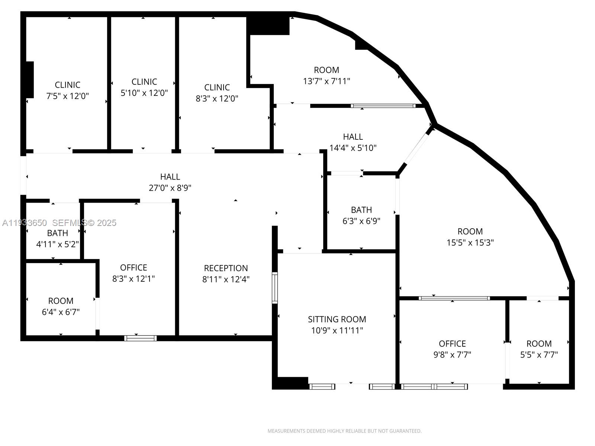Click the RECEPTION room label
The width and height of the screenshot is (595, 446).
point(226,268)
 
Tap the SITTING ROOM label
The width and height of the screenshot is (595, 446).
point(337,319)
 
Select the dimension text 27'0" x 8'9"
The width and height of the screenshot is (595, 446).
point(170,188)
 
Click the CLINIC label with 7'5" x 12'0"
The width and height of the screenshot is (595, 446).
point(67,85)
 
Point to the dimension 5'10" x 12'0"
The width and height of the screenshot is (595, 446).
point(144,93)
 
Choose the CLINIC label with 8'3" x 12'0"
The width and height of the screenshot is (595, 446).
point(217,87)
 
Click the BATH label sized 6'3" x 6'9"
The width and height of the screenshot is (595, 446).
point(361,210)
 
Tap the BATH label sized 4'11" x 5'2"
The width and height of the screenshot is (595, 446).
point(57,233)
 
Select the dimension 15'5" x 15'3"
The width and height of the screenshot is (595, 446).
point(470,243)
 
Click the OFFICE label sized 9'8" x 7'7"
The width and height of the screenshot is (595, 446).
point(452,343)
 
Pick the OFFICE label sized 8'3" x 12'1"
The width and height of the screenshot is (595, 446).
point(134,268)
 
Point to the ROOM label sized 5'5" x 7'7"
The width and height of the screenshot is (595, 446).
point(539,343)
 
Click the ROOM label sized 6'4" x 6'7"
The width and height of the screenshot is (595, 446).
point(61,301)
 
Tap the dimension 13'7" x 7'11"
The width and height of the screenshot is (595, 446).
point(327,81)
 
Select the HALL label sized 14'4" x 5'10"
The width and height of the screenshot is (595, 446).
point(353,137)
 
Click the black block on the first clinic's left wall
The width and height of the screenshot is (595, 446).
point(29,80)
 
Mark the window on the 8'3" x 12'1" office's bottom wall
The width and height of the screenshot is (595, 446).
point(140,338)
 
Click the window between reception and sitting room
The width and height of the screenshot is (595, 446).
point(275,288)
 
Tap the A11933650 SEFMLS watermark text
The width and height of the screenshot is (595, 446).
point(59,223)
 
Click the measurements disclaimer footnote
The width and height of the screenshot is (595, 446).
point(344,431)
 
